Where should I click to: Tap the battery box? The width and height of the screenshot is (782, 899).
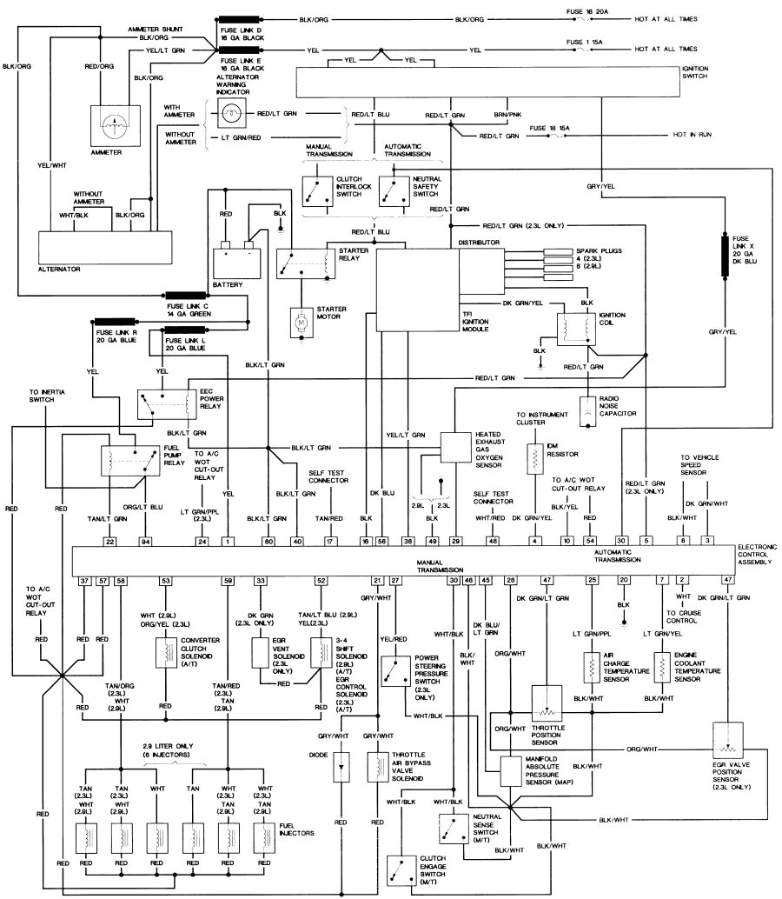(237, 258)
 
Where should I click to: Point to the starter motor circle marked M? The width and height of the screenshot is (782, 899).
(302, 323)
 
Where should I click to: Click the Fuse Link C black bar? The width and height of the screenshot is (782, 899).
(189, 296)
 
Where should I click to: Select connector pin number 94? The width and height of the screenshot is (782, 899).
(147, 541)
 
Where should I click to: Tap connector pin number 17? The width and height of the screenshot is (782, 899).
(330, 541)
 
